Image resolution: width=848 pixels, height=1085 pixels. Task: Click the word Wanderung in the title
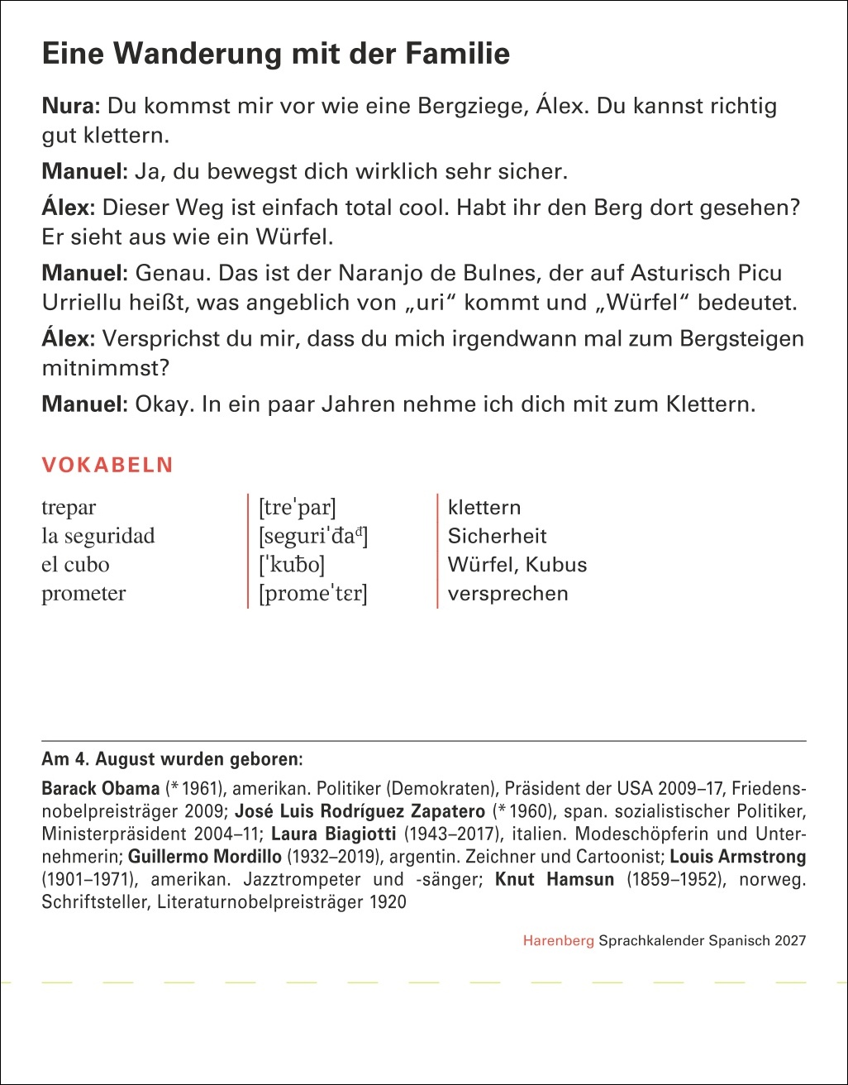(x=194, y=55)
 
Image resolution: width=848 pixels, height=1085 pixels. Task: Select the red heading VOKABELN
(x=107, y=465)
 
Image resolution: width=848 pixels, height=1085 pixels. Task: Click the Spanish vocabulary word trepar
(x=69, y=508)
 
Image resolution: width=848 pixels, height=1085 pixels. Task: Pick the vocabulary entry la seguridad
(x=98, y=537)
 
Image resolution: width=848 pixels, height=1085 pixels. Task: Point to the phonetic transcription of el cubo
(x=292, y=566)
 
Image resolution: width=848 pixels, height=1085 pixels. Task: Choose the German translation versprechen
(x=507, y=594)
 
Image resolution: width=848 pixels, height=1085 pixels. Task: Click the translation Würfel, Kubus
(x=517, y=566)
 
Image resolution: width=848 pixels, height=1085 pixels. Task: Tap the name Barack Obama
(x=100, y=787)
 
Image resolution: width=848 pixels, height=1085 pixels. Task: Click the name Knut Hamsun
(x=554, y=879)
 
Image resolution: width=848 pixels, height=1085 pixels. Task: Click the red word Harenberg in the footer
(x=558, y=941)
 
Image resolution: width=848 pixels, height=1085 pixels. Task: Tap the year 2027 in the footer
(x=790, y=941)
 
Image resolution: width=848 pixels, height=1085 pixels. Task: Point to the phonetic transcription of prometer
(x=312, y=594)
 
